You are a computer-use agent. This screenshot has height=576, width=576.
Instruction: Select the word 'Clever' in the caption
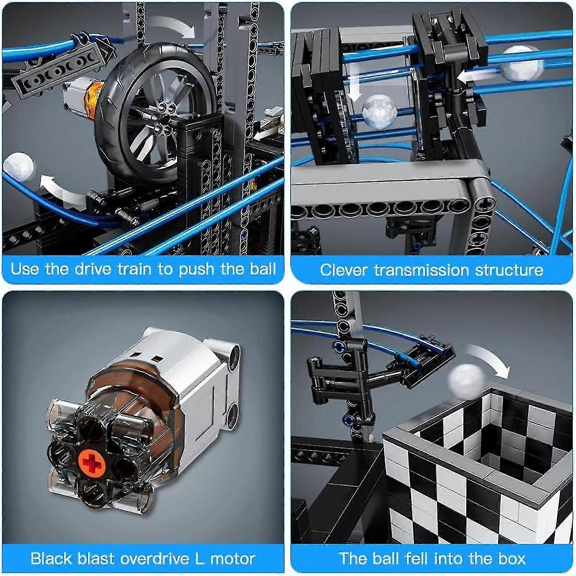coord(344,270)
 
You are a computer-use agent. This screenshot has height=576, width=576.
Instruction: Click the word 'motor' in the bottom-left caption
coord(233,558)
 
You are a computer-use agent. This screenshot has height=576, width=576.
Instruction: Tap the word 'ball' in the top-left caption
coord(263,269)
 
